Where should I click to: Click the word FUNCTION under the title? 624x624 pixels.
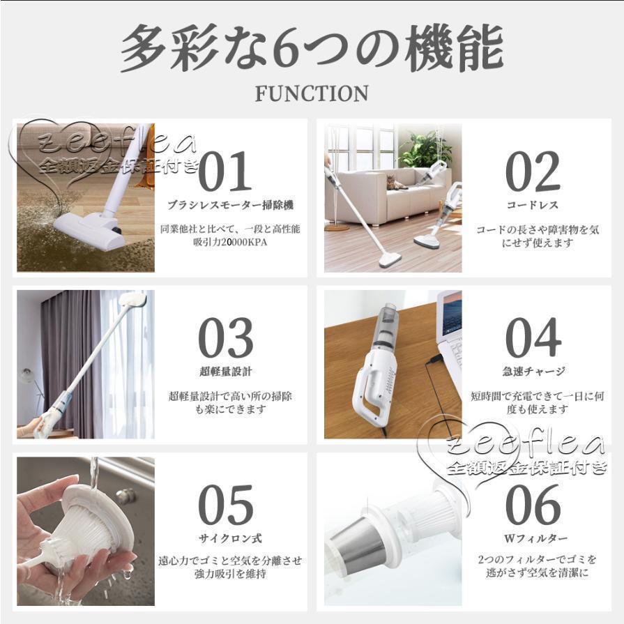pyautogui.click(x=312, y=94)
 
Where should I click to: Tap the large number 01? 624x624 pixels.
pyautogui.click(x=225, y=172)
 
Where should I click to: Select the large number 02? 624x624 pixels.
pyautogui.click(x=533, y=172)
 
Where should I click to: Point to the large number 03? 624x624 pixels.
pyautogui.click(x=226, y=338)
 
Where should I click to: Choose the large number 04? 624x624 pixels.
pyautogui.click(x=533, y=338)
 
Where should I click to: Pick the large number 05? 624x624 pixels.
pyautogui.click(x=226, y=505)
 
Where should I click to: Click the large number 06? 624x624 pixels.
pyautogui.click(x=533, y=505)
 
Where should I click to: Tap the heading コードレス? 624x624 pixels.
pyautogui.click(x=533, y=205)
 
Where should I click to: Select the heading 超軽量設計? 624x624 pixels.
pyautogui.click(x=226, y=372)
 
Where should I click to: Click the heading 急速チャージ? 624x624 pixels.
pyautogui.click(x=533, y=372)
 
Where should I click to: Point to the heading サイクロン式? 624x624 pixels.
pyautogui.click(x=230, y=538)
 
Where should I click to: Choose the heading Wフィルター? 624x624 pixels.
pyautogui.click(x=535, y=538)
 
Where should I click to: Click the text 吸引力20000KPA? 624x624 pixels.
pyautogui.click(x=230, y=242)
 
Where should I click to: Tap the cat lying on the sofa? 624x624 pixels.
pyautogui.click(x=397, y=183)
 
